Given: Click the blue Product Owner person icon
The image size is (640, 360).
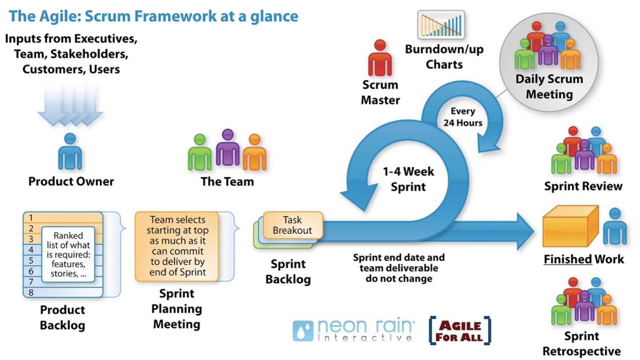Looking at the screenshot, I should pos(70,152).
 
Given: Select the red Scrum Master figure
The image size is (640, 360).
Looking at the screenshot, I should pos(380,59).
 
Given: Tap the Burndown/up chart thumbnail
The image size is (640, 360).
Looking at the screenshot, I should pos(441,25).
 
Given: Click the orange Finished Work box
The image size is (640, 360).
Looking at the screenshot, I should pos(570,227).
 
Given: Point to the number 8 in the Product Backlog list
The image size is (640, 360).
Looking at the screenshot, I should pos(31,292).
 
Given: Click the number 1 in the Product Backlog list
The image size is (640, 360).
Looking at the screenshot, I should pos(31,218).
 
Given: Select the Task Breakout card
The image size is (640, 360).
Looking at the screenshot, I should pos(292,225).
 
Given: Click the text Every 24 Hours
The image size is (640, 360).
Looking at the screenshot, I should pos(466,117).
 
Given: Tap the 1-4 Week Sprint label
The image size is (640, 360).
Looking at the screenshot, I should pos(409,179).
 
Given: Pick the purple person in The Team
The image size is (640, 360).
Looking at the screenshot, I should pos(227,148).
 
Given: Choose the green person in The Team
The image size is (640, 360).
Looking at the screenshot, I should pos(200,153).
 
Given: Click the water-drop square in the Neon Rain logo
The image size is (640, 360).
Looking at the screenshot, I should pos(303,331).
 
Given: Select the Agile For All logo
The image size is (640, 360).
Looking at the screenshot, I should pos(459,331).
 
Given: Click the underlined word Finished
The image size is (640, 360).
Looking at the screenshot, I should pos(567,259).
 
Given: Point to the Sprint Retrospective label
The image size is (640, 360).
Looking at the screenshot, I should pos(581,343).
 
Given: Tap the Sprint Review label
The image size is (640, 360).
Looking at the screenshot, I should pos(583,187).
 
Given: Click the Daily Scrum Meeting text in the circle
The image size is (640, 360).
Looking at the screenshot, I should pos(549,86).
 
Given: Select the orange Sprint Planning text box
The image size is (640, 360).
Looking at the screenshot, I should pos(177,246).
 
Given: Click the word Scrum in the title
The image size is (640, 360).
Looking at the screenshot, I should pos(105,17).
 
